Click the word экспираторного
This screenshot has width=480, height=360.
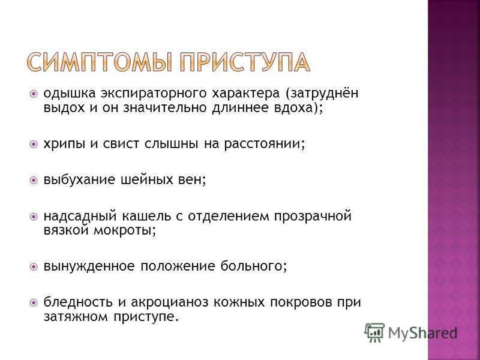[x=154, y=94]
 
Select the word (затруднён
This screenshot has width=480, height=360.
[x=322, y=93]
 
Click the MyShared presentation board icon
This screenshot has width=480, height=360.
[x=374, y=333]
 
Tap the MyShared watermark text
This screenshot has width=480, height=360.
[x=422, y=333]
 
